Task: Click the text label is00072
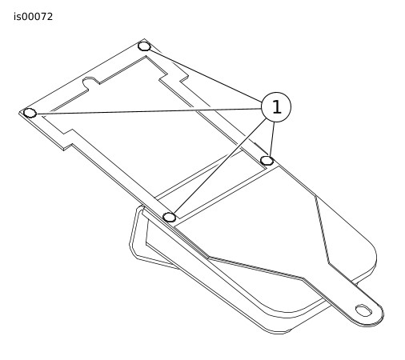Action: click(34, 17)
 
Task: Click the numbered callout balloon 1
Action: click(276, 107)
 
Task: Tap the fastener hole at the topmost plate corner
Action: click(144, 46)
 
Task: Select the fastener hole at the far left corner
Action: click(30, 113)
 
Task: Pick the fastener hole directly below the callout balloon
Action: click(267, 161)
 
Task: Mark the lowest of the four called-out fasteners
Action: click(170, 217)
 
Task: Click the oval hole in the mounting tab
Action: click(363, 310)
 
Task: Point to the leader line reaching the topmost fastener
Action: click(207, 76)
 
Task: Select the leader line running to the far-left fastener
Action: click(148, 111)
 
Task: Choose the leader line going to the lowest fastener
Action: click(220, 166)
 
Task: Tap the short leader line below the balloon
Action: click(272, 139)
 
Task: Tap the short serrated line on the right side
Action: click(322, 230)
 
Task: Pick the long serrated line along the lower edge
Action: click(256, 268)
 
